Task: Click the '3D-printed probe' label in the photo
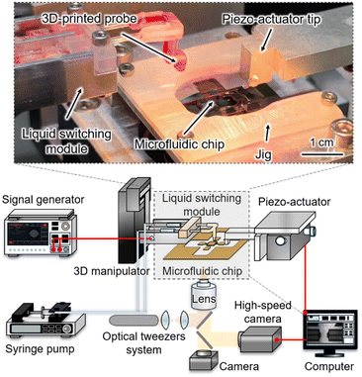89,19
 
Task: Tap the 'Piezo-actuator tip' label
271,19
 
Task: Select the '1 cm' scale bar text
321,142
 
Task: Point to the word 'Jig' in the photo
263,154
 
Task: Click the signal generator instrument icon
41,234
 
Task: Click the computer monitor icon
330,333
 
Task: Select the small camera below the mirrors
204,360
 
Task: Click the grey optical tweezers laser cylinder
134,320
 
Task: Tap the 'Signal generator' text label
44,199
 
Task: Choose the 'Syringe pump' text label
40,349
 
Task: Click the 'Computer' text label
329,366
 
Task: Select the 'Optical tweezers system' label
144,343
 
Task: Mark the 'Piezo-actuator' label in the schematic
295,201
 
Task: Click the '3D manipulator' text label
112,271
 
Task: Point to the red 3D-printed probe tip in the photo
179,64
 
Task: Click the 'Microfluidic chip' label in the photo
180,143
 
